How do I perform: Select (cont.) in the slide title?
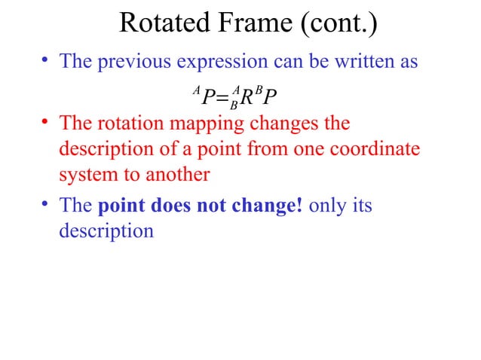click(x=339, y=25)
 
